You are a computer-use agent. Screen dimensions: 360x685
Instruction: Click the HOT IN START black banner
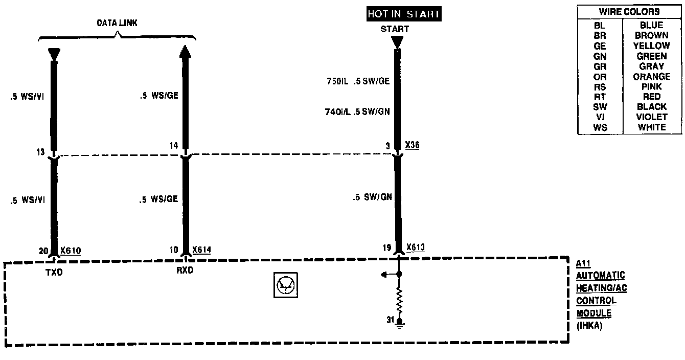coord(403,14)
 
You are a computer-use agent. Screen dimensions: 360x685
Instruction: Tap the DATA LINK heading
coord(117,24)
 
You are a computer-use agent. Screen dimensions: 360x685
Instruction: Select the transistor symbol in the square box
coord(286,285)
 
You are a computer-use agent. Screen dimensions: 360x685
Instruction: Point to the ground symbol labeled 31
coord(399,322)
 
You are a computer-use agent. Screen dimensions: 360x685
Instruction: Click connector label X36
coord(412,145)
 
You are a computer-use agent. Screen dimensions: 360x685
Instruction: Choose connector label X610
coord(71,251)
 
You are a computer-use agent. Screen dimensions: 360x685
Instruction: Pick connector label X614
coord(201,250)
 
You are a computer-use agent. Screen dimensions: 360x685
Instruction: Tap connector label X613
coord(416,248)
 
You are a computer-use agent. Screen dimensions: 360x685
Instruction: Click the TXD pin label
coord(53,273)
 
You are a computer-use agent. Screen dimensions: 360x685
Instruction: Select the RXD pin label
coord(185,271)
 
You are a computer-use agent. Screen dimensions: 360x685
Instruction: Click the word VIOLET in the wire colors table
coord(652,117)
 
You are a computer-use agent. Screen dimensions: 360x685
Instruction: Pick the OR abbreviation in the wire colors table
coord(600,77)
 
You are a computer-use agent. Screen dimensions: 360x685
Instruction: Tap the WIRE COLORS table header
coord(629,12)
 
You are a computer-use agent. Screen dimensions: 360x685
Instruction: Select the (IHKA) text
coord(589,325)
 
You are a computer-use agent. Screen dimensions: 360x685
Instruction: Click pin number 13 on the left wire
coord(41,152)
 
